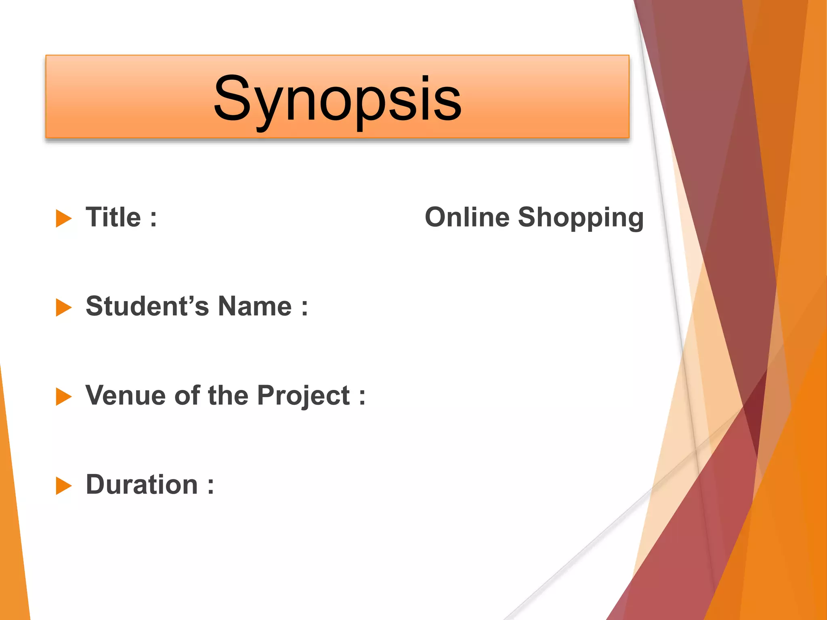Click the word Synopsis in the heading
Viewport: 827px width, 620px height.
[338, 99]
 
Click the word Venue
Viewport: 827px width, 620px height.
[125, 395]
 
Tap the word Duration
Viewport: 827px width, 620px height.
[142, 484]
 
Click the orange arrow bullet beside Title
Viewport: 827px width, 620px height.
[63, 218]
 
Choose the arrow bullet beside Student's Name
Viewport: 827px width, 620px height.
[63, 308]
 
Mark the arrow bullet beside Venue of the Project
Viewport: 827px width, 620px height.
[63, 396]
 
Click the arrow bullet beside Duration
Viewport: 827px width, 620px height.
[63, 486]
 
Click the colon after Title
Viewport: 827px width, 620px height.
[153, 219]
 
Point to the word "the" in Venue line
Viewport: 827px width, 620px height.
[228, 395]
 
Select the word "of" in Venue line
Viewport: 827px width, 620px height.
[187, 395]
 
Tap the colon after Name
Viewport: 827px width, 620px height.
[304, 308]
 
